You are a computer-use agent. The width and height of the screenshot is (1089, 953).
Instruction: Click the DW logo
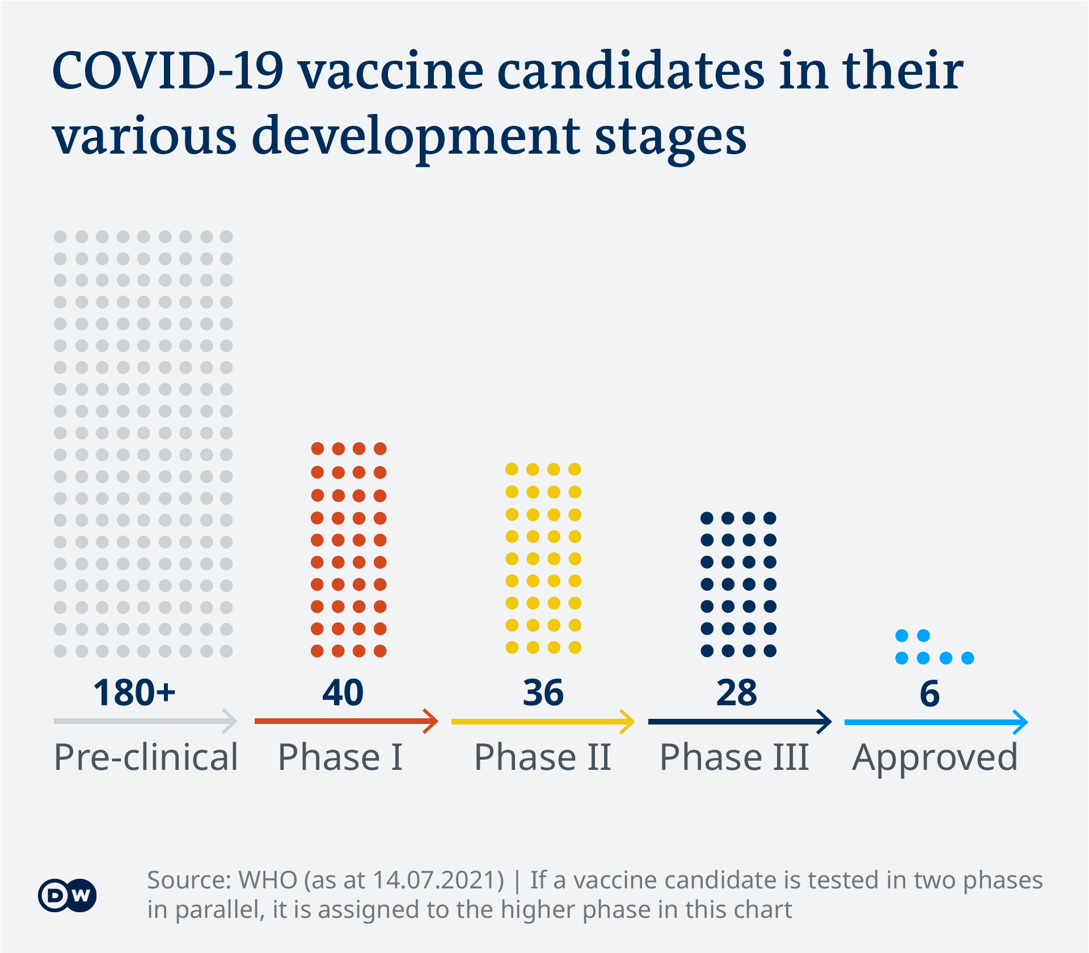[x=67, y=895]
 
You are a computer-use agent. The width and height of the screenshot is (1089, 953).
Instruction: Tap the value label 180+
[x=134, y=693]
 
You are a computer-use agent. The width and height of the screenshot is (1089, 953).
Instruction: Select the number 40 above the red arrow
[x=343, y=693]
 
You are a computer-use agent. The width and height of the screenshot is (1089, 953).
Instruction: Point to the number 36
[x=543, y=693]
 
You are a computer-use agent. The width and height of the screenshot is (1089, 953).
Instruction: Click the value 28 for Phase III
[x=736, y=693]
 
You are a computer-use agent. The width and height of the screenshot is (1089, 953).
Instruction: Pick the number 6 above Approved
[x=930, y=693]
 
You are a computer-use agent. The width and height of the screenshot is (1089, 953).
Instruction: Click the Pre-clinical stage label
[x=146, y=757]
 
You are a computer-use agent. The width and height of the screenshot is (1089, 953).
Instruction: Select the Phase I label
[x=340, y=757]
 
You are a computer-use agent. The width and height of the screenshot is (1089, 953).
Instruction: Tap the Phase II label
[x=543, y=757]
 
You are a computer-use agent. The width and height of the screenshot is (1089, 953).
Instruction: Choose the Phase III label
[x=734, y=757]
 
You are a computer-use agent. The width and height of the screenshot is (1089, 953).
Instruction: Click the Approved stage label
[x=935, y=758]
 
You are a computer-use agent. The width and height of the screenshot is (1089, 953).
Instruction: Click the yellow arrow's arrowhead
[x=628, y=722]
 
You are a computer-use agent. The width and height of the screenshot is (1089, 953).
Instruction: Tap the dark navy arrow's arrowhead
[x=825, y=722]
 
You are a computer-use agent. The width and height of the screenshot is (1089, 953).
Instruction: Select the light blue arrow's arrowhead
[x=1022, y=722]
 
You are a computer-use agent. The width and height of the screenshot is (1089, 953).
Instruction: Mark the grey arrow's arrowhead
[x=231, y=721]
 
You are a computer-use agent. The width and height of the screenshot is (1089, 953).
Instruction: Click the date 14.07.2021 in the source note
[x=438, y=880]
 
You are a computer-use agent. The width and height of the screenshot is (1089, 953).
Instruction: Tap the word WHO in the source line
[x=268, y=880]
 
